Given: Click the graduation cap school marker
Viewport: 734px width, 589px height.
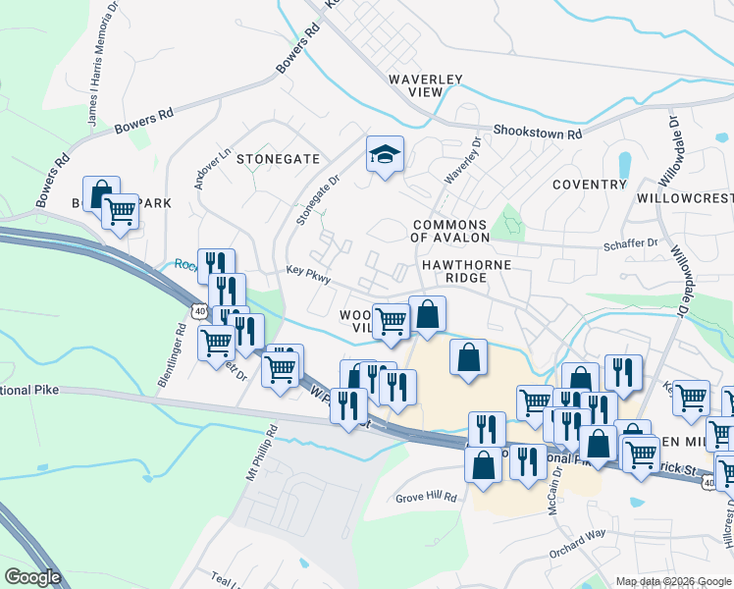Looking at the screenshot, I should point(386,154).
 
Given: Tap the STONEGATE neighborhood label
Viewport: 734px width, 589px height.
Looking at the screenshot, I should point(278,158).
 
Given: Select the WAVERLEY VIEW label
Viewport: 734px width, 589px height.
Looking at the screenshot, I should point(430,84).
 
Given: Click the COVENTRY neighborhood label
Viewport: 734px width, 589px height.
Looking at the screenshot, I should point(589,185).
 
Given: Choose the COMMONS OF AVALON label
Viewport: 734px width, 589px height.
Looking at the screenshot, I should point(449,231).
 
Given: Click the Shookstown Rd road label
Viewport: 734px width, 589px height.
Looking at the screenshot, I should point(537,132).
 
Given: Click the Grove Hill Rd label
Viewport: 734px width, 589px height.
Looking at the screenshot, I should point(427,498).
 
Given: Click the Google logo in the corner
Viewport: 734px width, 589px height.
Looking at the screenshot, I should point(32,577).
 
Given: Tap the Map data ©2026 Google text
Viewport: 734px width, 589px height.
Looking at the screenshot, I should point(673,581).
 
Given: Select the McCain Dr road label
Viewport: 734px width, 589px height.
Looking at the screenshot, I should point(556,487).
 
